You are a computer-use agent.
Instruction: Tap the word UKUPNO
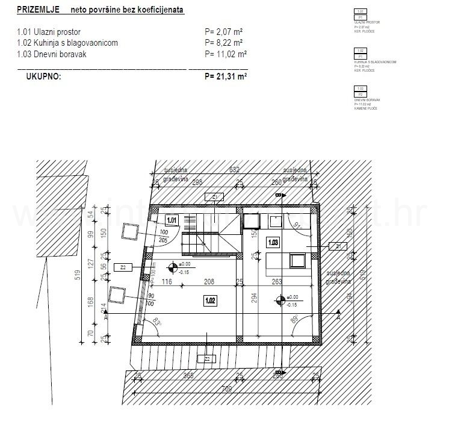(x=43, y=76)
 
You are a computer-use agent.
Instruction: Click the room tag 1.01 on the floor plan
(x=172, y=220)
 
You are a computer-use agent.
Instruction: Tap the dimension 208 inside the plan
(x=208, y=282)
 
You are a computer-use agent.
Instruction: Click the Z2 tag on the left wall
(x=123, y=267)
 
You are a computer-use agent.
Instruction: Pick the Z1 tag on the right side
(x=338, y=246)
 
